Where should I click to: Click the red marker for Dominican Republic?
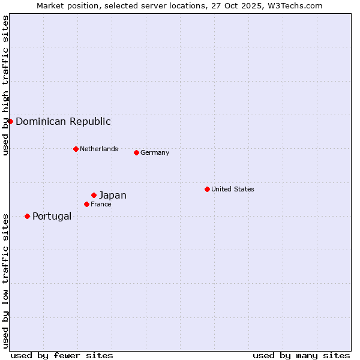pyautogui.click(x=10, y=121)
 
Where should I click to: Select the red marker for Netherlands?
pyautogui.click(x=76, y=149)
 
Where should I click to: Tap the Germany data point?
pyautogui.click(x=136, y=152)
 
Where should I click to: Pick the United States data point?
pyautogui.click(x=207, y=189)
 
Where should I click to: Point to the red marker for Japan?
pyautogui.click(x=94, y=195)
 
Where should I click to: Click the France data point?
pyautogui.click(x=86, y=204)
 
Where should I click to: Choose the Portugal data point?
pyautogui.click(x=27, y=216)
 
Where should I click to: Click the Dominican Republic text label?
pyautogui.click(x=63, y=121)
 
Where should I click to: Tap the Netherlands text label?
pyautogui.click(x=99, y=149)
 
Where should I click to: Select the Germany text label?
pyautogui.click(x=155, y=152)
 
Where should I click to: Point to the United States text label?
pyautogui.click(x=233, y=189)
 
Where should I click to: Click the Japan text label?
pyautogui.click(x=113, y=195)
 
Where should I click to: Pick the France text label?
pyautogui.click(x=101, y=204)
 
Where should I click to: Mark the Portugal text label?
pyautogui.click(x=52, y=216)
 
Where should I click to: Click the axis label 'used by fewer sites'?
pyautogui.click(x=62, y=355)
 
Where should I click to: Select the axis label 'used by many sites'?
pyautogui.click(x=301, y=355)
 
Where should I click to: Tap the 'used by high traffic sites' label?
pyautogui.click(x=5, y=85)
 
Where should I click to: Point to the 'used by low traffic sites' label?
pyautogui.click(x=5, y=280)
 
